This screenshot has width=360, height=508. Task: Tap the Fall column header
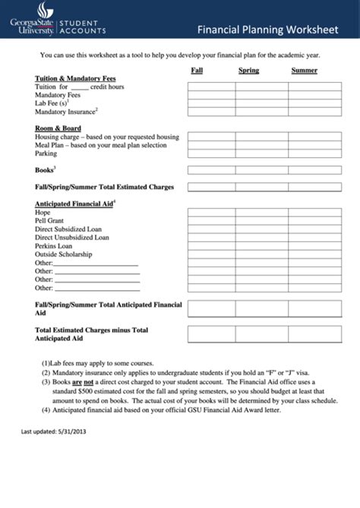(197, 71)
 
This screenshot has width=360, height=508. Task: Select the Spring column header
(248, 71)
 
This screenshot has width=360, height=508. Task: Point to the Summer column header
(304, 71)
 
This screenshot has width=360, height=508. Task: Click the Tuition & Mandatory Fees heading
(75, 79)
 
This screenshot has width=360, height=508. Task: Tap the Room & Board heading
(58, 128)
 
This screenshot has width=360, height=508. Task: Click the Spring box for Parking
(263, 154)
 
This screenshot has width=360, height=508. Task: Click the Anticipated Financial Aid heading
(74, 204)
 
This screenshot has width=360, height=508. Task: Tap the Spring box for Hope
(263, 213)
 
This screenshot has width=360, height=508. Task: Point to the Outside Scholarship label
(64, 254)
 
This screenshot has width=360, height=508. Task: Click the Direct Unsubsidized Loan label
(72, 238)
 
